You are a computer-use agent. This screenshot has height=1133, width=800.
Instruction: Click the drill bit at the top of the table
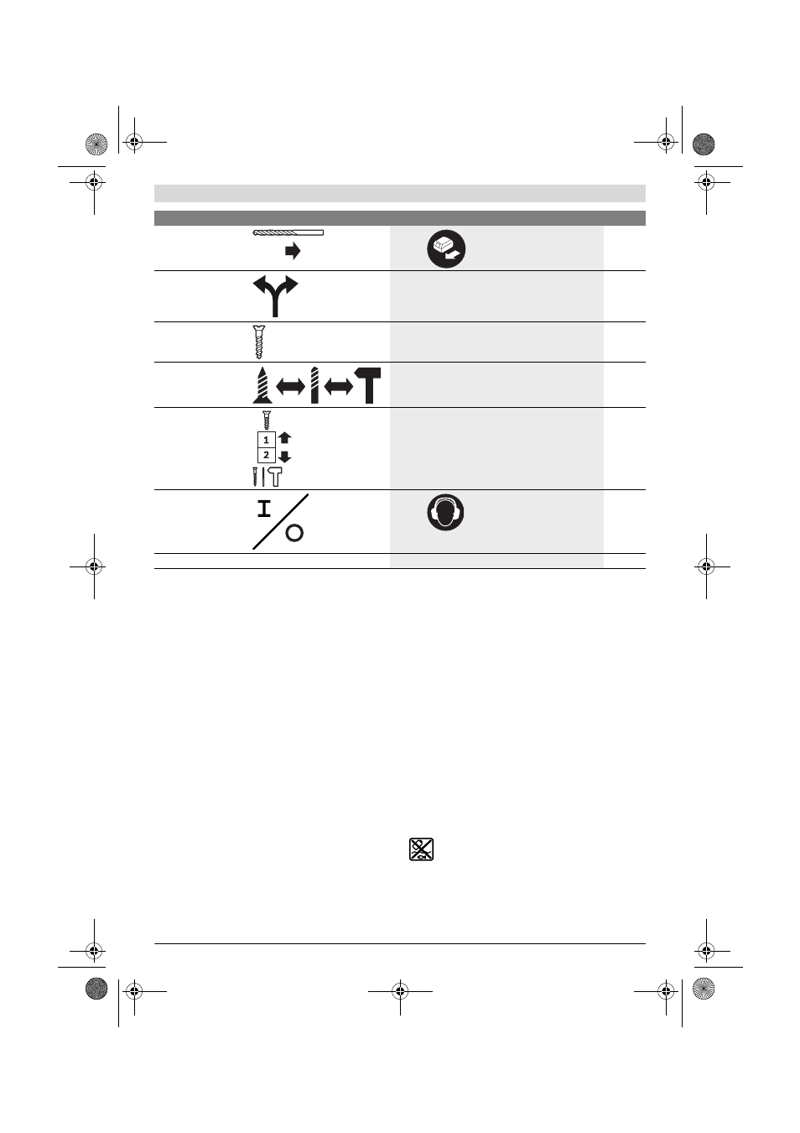click(288, 232)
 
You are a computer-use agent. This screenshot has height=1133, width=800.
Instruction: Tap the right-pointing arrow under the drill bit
click(293, 252)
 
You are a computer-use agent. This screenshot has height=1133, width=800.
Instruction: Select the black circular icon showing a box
click(446, 249)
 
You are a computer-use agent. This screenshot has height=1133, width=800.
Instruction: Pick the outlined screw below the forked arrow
click(259, 342)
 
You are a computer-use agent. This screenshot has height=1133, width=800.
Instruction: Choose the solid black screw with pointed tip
click(262, 385)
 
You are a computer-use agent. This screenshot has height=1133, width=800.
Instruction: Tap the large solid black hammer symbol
click(367, 385)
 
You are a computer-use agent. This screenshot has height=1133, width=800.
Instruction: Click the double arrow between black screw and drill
click(291, 388)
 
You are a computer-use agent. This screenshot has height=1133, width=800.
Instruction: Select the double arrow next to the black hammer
click(338, 388)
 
